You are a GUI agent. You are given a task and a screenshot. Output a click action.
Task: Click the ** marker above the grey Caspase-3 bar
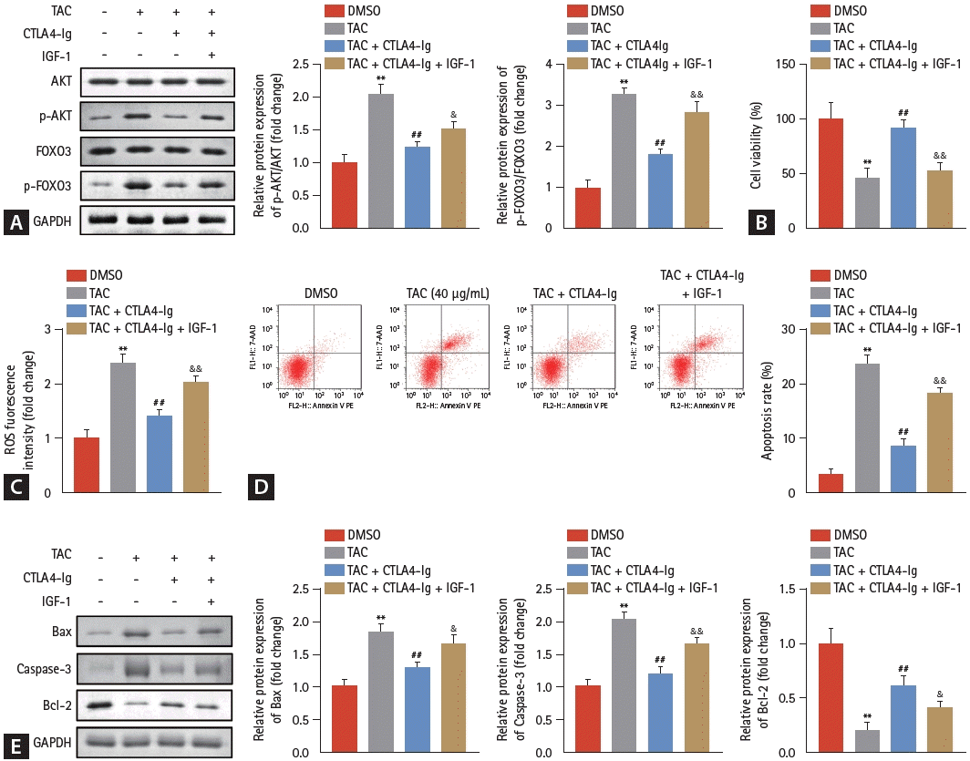pos(624,607)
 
